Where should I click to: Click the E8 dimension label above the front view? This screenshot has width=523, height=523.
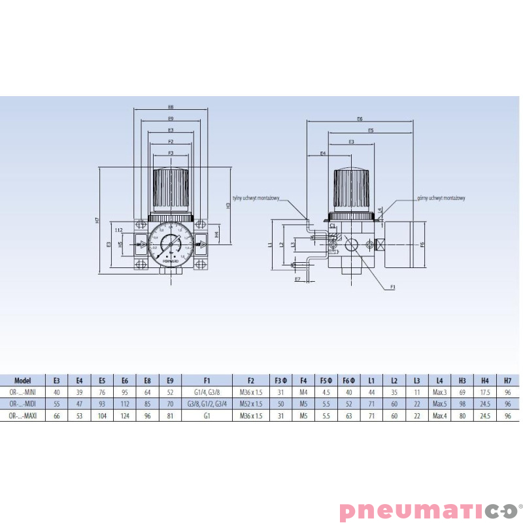[x=171, y=107]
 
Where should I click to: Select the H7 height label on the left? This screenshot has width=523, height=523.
[x=97, y=220]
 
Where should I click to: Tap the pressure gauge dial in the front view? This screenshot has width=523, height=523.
[x=171, y=245]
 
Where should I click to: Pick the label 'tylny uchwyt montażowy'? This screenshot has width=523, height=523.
[x=256, y=197]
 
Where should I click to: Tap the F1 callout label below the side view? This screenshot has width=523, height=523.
[x=393, y=286]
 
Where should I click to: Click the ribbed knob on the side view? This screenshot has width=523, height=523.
[x=353, y=190]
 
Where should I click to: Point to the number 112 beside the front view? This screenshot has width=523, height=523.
[x=119, y=230]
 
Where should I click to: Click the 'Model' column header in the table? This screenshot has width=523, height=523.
[x=23, y=380]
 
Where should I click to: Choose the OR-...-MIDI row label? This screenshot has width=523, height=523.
[x=23, y=403]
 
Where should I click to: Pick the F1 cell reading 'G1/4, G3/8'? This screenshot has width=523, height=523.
[x=207, y=392]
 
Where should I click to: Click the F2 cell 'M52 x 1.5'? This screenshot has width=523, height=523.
[x=251, y=403]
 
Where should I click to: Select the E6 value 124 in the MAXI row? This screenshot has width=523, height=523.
[x=125, y=415]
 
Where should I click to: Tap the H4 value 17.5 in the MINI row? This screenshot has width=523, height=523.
[x=485, y=392]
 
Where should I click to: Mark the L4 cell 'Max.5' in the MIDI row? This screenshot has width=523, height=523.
[x=439, y=403]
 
